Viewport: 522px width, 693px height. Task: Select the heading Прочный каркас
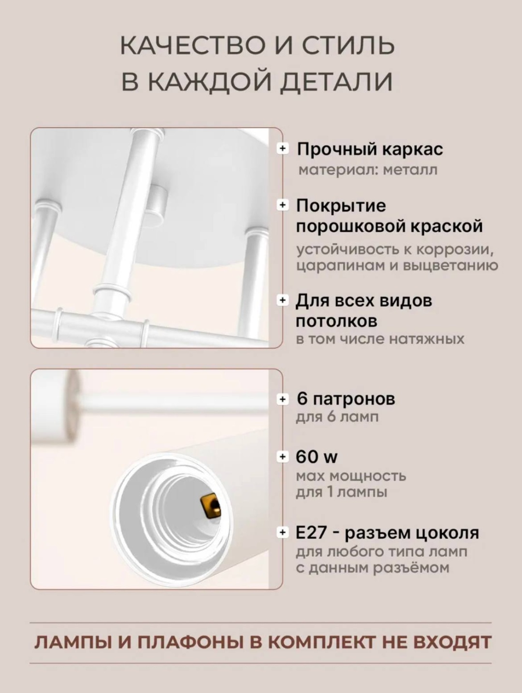pos(370,149)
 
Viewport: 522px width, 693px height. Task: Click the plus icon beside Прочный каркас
pos(283,148)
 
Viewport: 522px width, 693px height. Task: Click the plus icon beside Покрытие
pos(283,205)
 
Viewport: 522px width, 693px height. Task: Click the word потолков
pos(336,321)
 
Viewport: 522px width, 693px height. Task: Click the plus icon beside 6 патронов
pos(283,399)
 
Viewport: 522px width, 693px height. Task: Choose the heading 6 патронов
pos(346,399)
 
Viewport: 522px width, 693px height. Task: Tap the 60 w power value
pos(317,456)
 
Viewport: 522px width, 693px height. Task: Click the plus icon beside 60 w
pos(283,456)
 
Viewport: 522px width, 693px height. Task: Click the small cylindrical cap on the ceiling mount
pos(159,203)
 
